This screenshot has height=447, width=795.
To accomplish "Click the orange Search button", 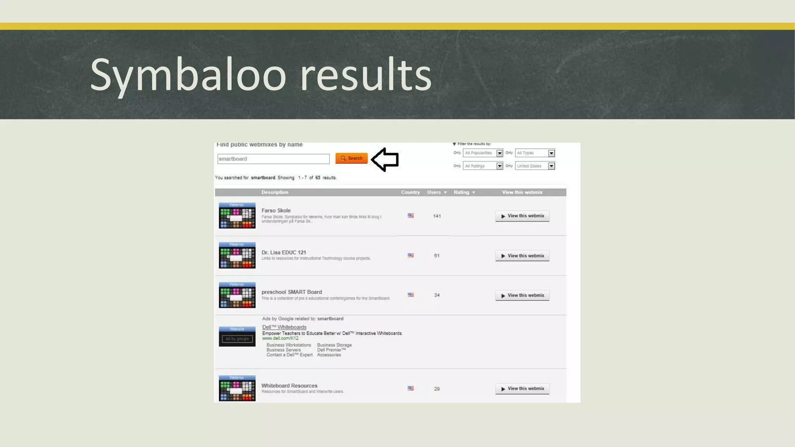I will click(351, 158).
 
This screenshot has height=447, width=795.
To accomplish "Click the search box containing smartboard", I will click(273, 159).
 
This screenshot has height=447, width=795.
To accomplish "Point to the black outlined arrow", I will click(385, 159).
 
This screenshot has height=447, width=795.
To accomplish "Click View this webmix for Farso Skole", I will click(522, 216).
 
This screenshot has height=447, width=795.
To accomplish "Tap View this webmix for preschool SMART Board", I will click(522, 296).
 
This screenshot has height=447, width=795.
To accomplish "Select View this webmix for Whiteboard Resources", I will click(522, 389).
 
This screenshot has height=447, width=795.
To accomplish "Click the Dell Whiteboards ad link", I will click(284, 327).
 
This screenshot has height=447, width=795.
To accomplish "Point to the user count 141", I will click(437, 216).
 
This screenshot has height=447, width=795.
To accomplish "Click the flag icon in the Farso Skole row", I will click(411, 216).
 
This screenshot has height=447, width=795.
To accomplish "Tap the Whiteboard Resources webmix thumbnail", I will click(237, 388).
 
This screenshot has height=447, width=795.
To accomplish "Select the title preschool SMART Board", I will click(292, 292).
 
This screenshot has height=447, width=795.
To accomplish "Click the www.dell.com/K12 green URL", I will click(280, 338).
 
